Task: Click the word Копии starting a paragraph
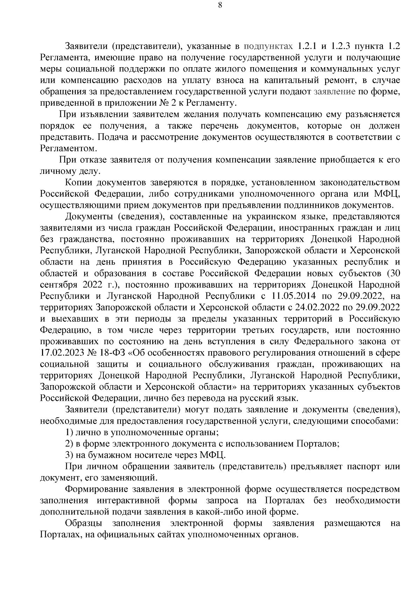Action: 79,182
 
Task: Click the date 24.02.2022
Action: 312,307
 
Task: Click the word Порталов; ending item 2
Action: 317,444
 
